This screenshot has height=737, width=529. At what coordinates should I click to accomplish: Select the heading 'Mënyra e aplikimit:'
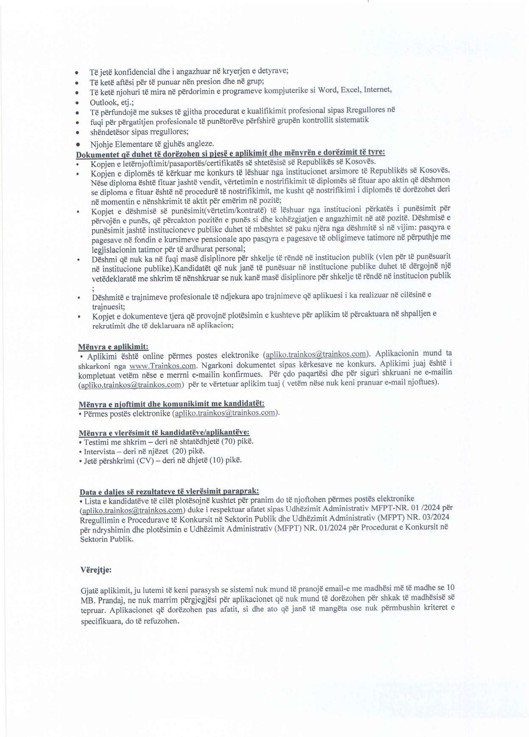pos(113,346)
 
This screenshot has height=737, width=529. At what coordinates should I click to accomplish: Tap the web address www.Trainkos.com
pos(163,366)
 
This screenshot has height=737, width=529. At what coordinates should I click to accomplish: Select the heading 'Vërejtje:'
pos(96,569)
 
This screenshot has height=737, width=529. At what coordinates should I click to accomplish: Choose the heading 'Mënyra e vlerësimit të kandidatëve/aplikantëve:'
pos(164,433)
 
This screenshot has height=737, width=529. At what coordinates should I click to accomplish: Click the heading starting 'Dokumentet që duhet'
pos(230,153)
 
